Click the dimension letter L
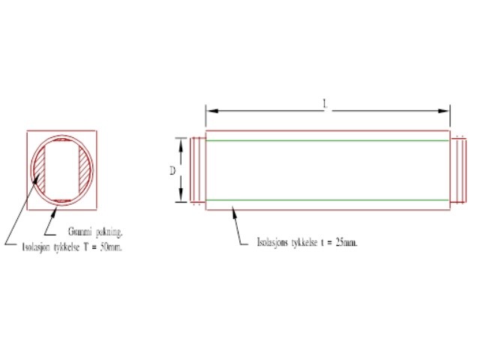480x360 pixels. tap(325, 104)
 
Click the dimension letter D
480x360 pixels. tap(172, 170)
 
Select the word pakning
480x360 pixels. tap(109, 232)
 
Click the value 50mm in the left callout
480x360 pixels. tap(110, 247)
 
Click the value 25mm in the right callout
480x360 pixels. tap(346, 242)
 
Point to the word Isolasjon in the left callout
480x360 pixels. tap(36, 247)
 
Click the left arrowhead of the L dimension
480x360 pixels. tap(212, 111)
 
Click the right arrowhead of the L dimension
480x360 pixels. tap(443, 111)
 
